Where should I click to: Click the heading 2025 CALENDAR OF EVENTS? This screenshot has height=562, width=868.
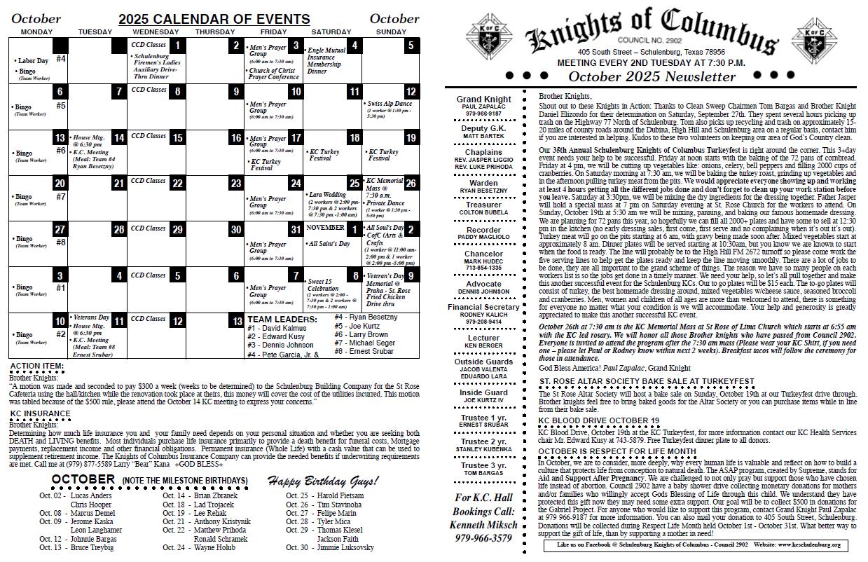tap(214, 20)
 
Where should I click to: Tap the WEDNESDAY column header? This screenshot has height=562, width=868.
tap(155, 32)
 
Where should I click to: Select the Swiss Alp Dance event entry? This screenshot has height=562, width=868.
tap(389, 104)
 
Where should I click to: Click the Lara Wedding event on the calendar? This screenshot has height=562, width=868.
tap(327, 195)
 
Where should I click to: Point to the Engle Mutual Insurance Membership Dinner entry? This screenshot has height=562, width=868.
tap(326, 60)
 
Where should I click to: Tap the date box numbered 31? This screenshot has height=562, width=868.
tap(296, 230)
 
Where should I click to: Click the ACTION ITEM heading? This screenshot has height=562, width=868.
tap(37, 366)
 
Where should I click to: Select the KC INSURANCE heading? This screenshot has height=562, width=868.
tap(40, 413)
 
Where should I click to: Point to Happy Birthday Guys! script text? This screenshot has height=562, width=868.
tap(322, 481)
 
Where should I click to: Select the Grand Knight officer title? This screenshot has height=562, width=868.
tap(483, 100)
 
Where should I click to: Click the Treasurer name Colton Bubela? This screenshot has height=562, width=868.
tap(483, 212)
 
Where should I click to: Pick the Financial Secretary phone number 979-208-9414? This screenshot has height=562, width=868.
tap(483, 322)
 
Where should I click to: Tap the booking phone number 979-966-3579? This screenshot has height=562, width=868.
tap(483, 538)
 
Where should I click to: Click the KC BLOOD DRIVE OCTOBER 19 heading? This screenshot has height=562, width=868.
tap(598, 421)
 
